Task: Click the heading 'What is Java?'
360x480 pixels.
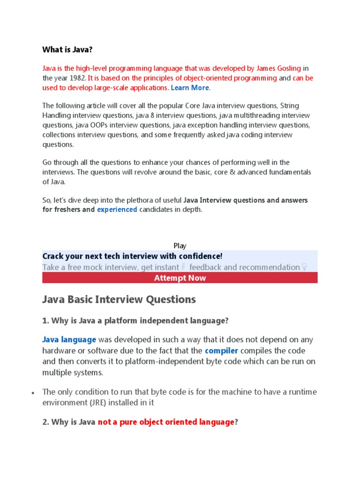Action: [71, 49]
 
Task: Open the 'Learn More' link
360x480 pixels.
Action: [190, 88]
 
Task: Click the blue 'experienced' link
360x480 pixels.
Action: [117, 210]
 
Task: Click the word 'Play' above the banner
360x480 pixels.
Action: [180, 246]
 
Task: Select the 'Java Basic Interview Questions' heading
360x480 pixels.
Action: [119, 299]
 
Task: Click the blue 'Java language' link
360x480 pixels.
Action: [69, 339]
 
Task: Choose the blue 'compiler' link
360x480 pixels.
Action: [221, 351]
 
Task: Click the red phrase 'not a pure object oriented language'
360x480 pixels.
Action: [166, 422]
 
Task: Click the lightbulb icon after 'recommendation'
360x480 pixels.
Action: [305, 267]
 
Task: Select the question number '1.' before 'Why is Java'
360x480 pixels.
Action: [45, 321]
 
